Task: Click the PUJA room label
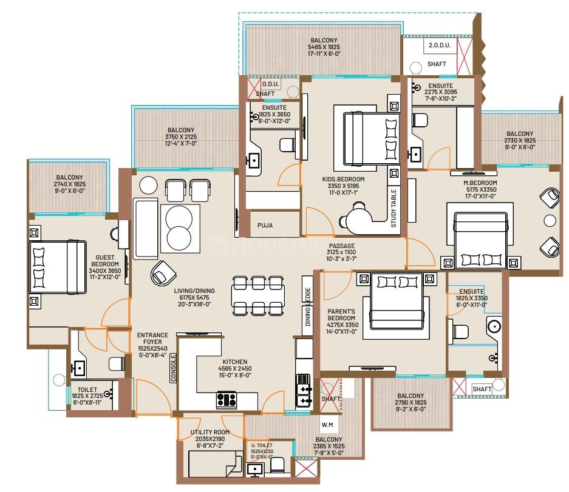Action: click(265, 225)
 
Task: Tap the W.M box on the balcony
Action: click(327, 425)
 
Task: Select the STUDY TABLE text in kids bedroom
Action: click(394, 209)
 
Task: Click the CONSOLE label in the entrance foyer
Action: click(173, 368)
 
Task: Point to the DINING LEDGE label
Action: click(308, 307)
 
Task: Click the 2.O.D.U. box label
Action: click(440, 45)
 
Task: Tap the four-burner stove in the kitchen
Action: click(227, 400)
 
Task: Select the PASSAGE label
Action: click(342, 246)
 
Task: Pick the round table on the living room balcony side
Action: click(148, 185)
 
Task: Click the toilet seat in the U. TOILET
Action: click(278, 465)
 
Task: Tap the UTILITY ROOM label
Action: click(210, 432)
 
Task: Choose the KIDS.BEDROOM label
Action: click(343, 179)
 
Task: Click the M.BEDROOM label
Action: click(480, 183)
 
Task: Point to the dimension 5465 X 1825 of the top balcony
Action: click(324, 47)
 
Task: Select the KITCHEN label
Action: click(235, 362)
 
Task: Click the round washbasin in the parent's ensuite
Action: click(494, 326)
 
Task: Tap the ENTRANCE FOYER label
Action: click(152, 339)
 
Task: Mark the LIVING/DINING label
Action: click(194, 291)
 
